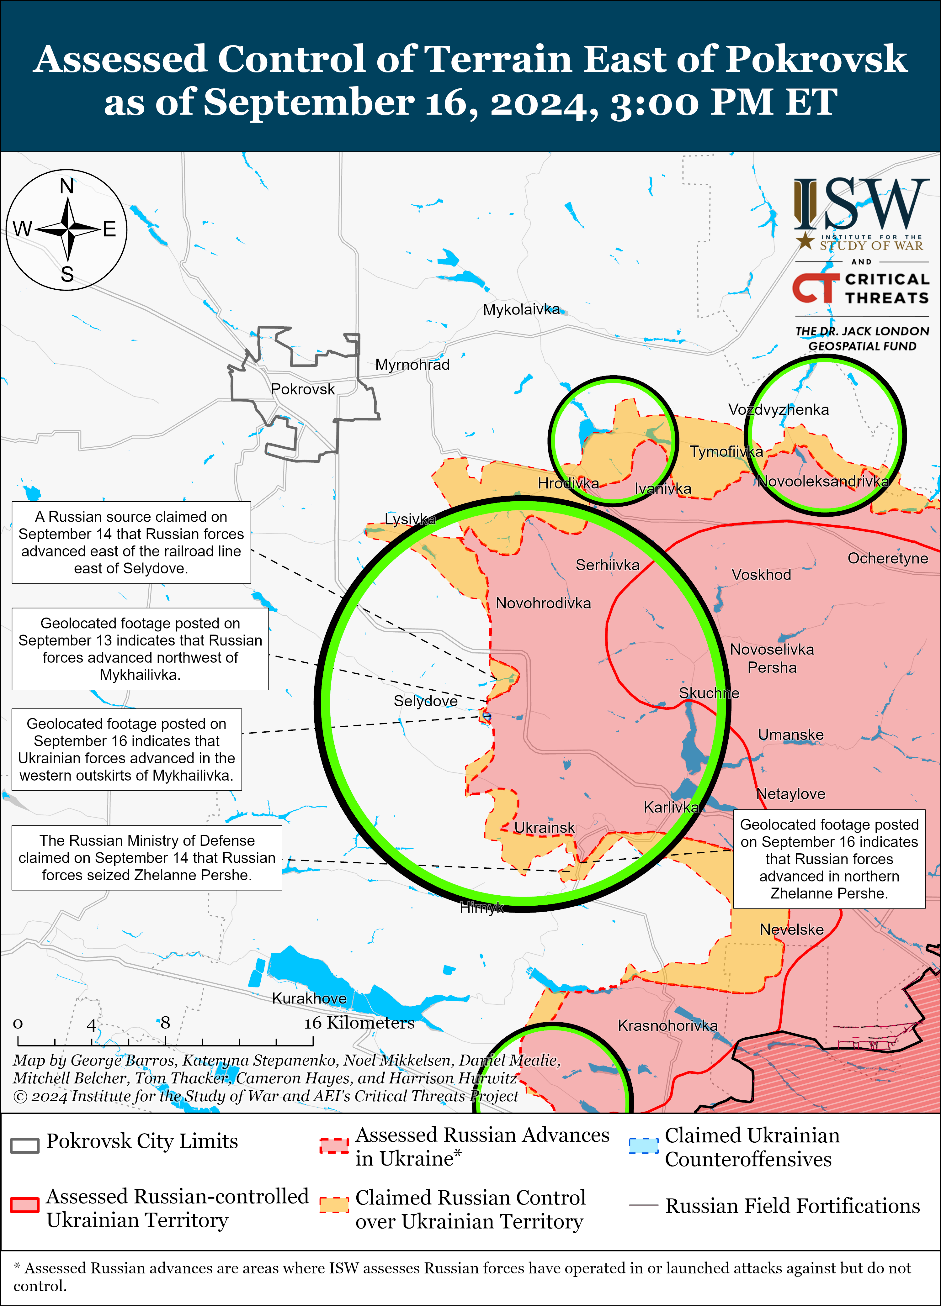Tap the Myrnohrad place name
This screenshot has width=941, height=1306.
point(412,365)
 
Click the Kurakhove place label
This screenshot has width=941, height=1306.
point(310,998)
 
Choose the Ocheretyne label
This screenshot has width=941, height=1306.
point(887,558)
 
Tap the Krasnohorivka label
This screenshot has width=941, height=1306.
point(667,1025)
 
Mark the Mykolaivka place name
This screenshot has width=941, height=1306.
point(521,310)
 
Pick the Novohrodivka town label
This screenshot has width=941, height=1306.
point(543,603)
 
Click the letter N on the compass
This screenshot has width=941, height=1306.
point(67,186)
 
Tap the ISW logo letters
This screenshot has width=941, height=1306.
point(861,204)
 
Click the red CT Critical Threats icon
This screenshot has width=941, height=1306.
point(815,288)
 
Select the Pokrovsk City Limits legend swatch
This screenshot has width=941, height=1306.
point(25,1145)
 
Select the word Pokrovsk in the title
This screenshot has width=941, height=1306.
point(816,59)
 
